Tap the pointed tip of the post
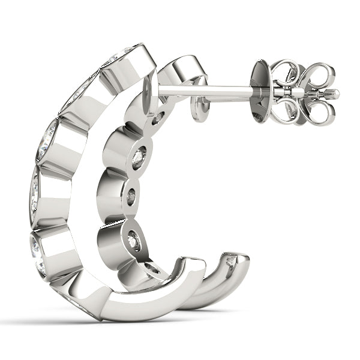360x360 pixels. pyautogui.click(x=335, y=94)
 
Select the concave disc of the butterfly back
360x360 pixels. pyautogui.click(x=262, y=90)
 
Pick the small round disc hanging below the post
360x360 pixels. pyautogui.click(x=201, y=109)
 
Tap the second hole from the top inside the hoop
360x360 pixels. pyautogui.click(x=139, y=157)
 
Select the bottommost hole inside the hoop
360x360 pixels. pyautogui.click(x=152, y=268)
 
